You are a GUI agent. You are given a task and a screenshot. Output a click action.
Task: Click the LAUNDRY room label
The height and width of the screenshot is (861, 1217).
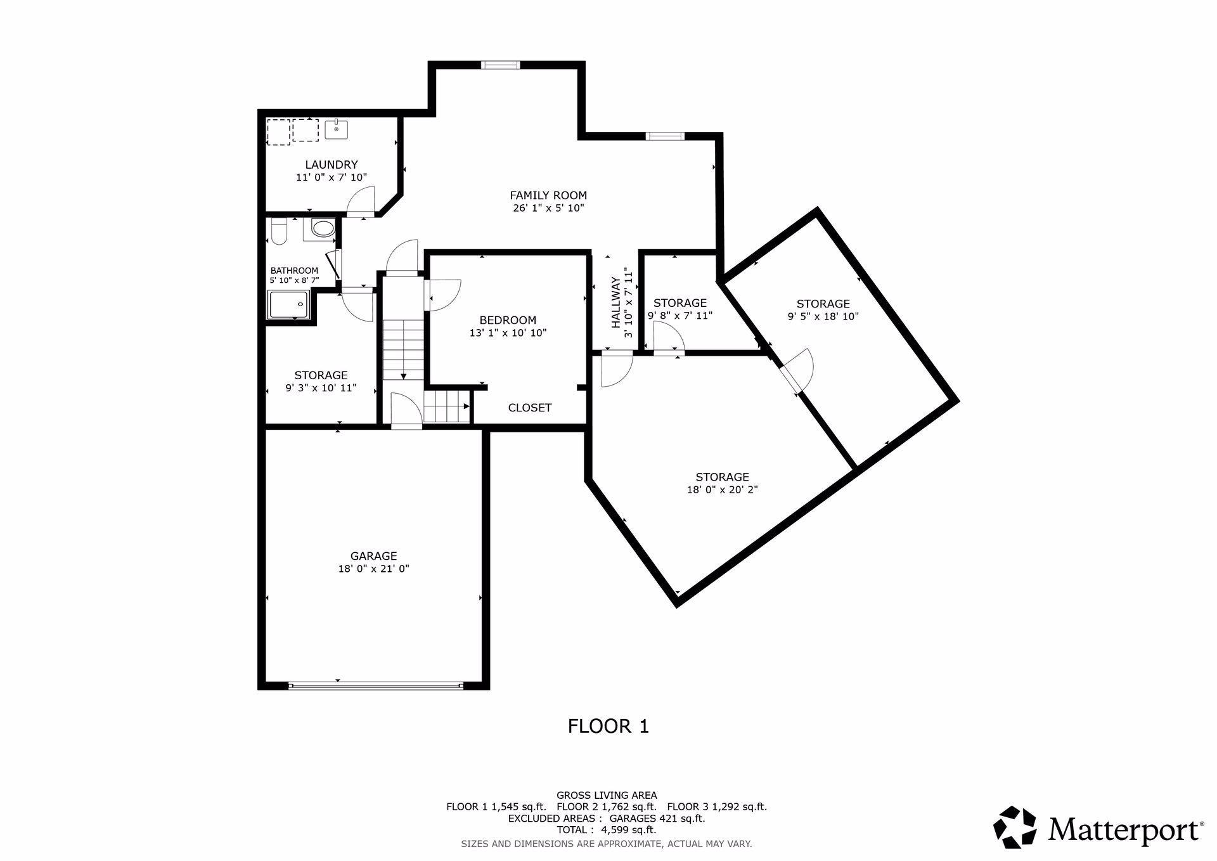click(332, 165)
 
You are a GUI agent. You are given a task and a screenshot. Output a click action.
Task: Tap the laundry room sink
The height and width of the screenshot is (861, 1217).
click(336, 129)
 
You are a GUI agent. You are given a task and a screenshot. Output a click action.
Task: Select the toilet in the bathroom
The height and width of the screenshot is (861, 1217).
click(278, 231)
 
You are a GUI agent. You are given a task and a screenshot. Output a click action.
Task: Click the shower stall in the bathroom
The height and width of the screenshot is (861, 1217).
click(288, 305)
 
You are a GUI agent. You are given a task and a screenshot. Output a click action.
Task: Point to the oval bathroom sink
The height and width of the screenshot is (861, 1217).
click(323, 229)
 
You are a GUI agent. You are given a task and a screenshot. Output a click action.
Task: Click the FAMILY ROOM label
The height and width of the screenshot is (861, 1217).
click(548, 195)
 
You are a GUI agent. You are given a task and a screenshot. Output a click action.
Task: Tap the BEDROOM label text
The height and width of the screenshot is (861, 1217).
click(508, 320)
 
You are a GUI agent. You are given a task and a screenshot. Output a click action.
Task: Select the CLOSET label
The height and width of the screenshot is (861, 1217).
click(530, 408)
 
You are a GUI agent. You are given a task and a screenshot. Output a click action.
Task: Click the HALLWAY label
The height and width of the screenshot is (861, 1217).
click(615, 302)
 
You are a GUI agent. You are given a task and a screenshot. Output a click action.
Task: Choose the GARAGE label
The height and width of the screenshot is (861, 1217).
click(374, 557)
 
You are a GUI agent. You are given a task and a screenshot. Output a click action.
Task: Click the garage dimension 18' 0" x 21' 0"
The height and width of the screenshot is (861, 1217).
click(374, 569)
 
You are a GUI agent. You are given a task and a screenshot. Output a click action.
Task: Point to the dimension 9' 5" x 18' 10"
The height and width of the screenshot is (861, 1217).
click(823, 316)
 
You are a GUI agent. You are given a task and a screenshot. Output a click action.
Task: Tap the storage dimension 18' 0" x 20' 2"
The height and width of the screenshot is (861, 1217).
click(723, 489)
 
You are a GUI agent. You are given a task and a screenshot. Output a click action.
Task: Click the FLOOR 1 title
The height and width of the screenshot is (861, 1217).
click(608, 726)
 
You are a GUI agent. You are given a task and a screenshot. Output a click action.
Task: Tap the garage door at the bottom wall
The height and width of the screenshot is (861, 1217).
click(376, 685)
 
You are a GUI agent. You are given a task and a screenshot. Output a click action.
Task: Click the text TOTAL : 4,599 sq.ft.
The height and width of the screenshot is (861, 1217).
click(607, 829)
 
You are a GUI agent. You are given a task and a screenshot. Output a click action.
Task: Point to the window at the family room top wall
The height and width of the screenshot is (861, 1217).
click(500, 64)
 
